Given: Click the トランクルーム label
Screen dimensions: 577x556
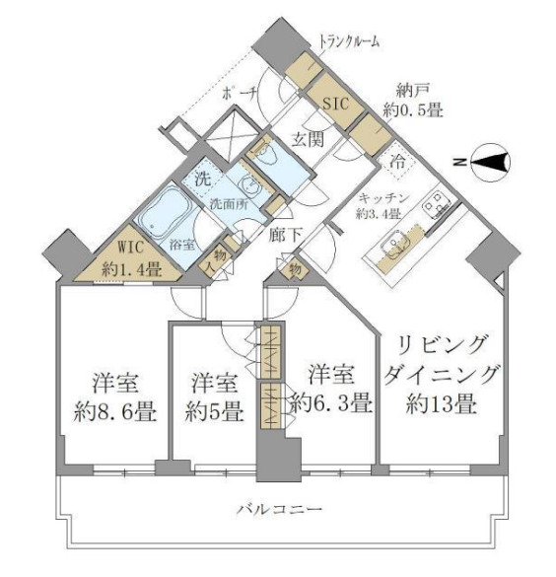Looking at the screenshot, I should pyautogui.click(x=349, y=40).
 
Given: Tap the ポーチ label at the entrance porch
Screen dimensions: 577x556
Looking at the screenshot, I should pyautogui.click(x=241, y=93).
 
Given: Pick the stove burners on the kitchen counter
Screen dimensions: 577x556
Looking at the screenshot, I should pyautogui.click(x=434, y=205).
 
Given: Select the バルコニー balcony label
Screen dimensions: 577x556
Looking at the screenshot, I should pyautogui.click(x=279, y=510).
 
